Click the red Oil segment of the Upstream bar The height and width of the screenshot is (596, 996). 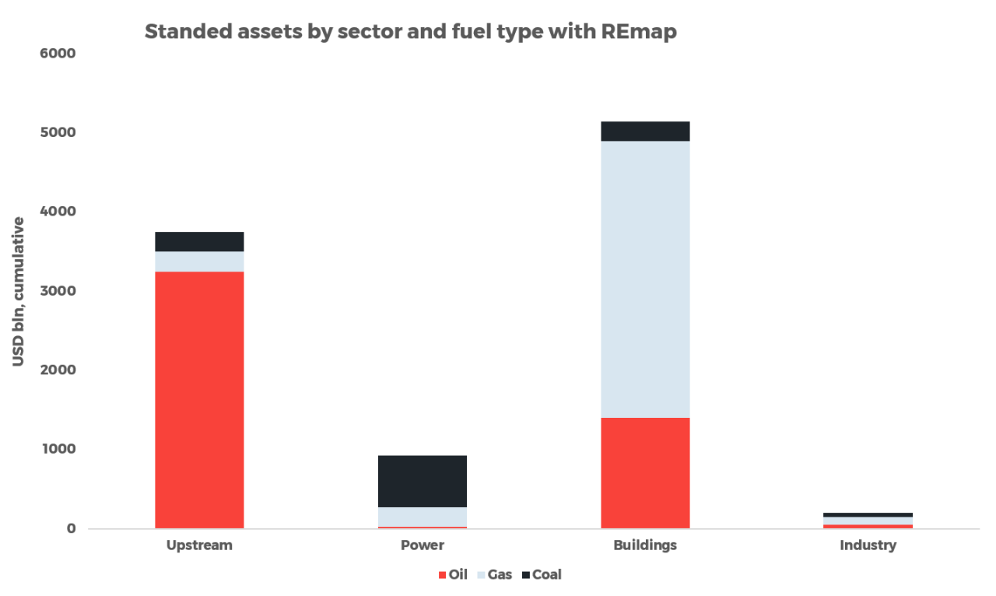click(199, 399)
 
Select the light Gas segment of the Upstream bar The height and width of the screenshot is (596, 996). click(199, 261)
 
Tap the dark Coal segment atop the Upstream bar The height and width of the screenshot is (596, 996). click(199, 241)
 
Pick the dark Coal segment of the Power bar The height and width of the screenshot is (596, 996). click(422, 481)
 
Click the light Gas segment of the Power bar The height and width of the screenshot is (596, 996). click(422, 517)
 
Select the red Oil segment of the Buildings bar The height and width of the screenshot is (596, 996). click(645, 472)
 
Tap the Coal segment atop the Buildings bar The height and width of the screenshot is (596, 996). click(645, 131)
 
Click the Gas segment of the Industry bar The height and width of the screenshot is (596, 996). click(868, 521)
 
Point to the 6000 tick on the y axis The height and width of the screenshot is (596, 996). click(59, 54)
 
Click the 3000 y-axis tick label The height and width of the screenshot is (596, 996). click(59, 291)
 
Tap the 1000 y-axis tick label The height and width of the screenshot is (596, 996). click(59, 449)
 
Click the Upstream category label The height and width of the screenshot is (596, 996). click(199, 545)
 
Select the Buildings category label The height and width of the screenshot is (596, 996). click(645, 545)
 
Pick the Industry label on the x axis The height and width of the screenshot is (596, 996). click(868, 545)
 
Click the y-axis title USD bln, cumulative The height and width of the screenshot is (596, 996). click(19, 291)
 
